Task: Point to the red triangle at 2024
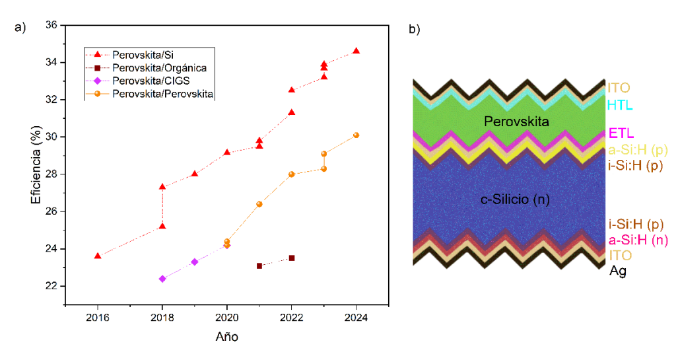tap(356, 51)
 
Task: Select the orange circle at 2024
tap(356, 135)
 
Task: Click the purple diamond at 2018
tap(162, 279)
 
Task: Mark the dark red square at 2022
tap(292, 258)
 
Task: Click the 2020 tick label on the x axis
tap(227, 317)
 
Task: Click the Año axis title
tap(226, 337)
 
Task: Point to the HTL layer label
tap(619, 105)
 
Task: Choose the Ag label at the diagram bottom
tap(617, 271)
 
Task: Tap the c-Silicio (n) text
tap(509, 199)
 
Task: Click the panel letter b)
tap(415, 29)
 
